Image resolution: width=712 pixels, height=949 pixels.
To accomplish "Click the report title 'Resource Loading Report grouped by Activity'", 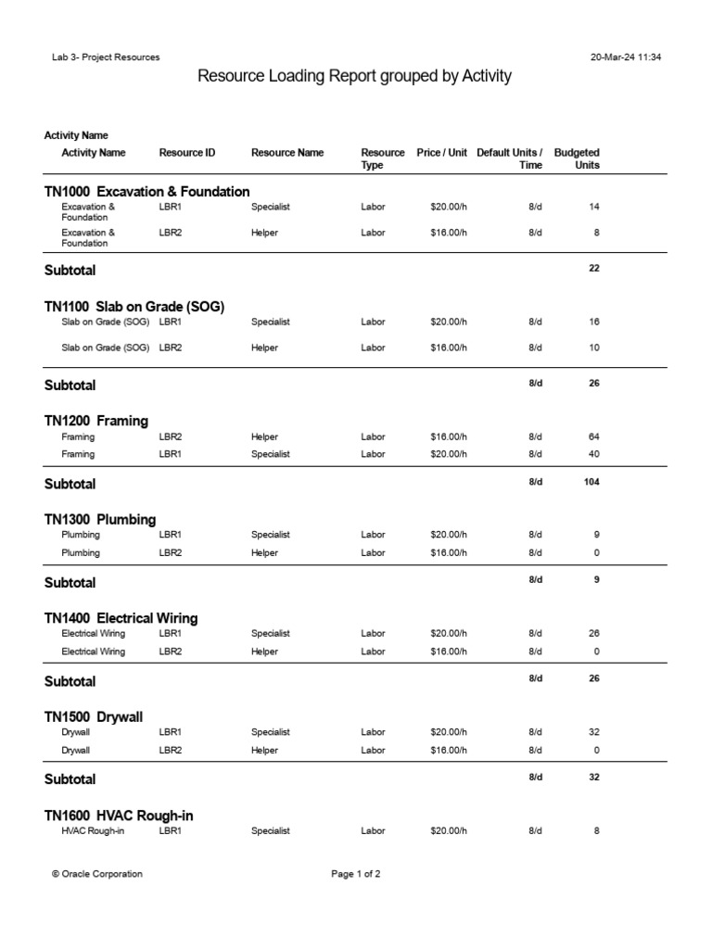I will point(355,77).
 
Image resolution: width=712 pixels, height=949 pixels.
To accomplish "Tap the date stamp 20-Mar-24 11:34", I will point(625,57).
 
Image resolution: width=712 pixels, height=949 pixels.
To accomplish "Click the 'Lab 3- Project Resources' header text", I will point(106,57).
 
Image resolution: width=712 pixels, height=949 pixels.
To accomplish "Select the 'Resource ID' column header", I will point(187,153).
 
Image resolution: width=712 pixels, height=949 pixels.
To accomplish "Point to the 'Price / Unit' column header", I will point(441,153).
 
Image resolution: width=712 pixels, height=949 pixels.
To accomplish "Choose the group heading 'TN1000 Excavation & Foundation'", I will point(146,192).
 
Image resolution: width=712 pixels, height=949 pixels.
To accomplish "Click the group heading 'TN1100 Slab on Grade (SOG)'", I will point(134,307).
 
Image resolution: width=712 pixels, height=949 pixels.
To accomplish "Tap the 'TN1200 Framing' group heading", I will point(95,421).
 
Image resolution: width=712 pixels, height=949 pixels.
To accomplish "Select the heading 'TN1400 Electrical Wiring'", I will point(121,618).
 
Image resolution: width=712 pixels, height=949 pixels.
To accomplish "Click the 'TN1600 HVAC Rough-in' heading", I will point(119,816).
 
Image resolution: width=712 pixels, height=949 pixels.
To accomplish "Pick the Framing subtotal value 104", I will point(590,482).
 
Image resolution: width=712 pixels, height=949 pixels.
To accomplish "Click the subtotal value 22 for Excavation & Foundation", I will point(593,269).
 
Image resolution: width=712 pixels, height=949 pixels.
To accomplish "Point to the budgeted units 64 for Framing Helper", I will point(593,437).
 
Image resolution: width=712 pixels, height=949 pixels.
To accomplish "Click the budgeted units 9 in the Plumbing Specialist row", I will point(596,535).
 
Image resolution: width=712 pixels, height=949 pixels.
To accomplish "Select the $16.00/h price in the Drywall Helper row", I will point(449,750).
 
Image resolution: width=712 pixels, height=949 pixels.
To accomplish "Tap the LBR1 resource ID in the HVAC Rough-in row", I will point(171,831).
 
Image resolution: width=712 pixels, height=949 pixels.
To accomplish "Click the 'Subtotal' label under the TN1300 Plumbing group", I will point(70,583).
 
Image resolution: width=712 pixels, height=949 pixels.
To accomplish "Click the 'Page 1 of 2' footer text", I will point(356,874).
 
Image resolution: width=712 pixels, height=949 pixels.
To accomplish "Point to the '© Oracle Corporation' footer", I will point(97,874).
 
